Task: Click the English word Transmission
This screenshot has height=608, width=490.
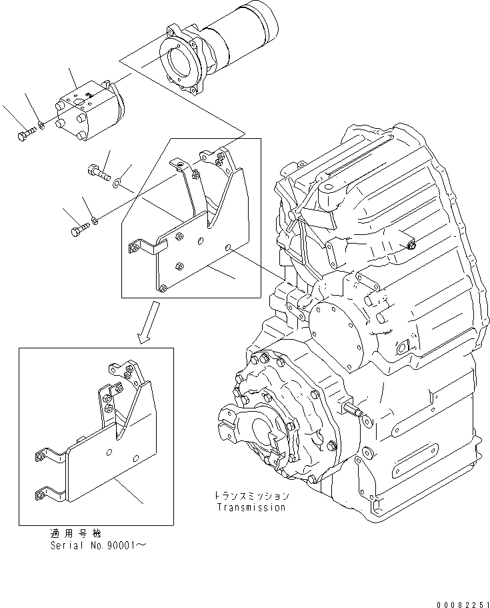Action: tap(251, 507)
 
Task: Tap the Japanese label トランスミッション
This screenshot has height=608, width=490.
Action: tap(251, 497)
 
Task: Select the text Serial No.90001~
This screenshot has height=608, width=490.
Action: tap(99, 545)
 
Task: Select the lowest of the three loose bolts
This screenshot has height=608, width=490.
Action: tap(78, 230)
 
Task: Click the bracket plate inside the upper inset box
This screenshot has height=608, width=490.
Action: tap(193, 254)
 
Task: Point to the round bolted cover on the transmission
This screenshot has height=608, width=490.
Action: tap(337, 327)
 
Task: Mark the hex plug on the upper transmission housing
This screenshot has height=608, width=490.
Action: tap(410, 246)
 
